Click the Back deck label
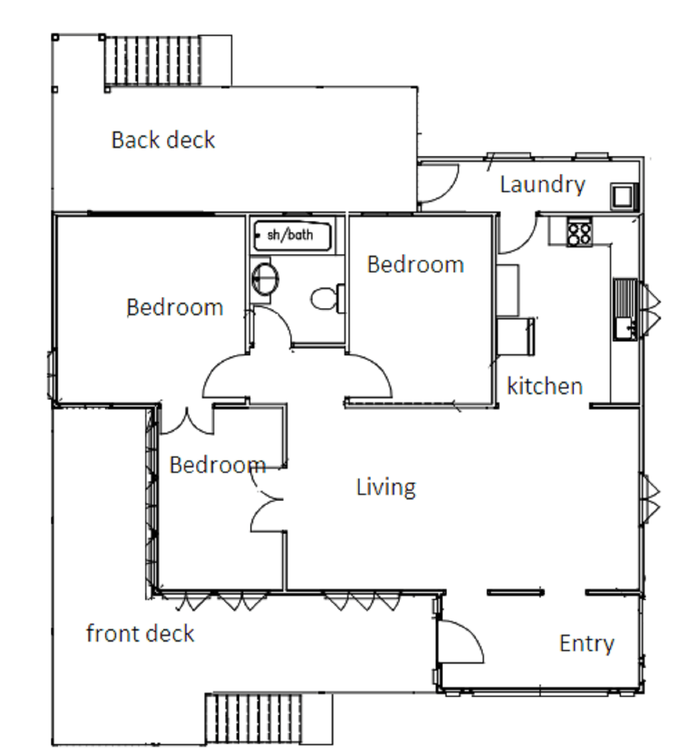pyautogui.click(x=163, y=140)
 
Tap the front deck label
pyautogui.click(x=140, y=634)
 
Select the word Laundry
pyautogui.click(x=542, y=185)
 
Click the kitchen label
pyautogui.click(x=544, y=386)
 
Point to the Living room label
pyautogui.click(x=386, y=487)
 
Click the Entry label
pyautogui.click(x=587, y=643)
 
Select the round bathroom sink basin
pyautogui.click(x=265, y=278)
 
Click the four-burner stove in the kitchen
pyautogui.click(x=579, y=232)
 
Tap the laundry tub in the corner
pyautogui.click(x=623, y=196)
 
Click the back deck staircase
pyautogui.click(x=153, y=61)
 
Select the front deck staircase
pyautogui.click(x=254, y=718)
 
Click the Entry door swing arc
pyautogui.click(x=462, y=642)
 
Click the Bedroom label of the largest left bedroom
pyautogui.click(x=174, y=307)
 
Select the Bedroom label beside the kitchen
pyautogui.click(x=415, y=265)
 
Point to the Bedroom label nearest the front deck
pyautogui.click(x=217, y=465)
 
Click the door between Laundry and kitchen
pyautogui.click(x=519, y=235)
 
